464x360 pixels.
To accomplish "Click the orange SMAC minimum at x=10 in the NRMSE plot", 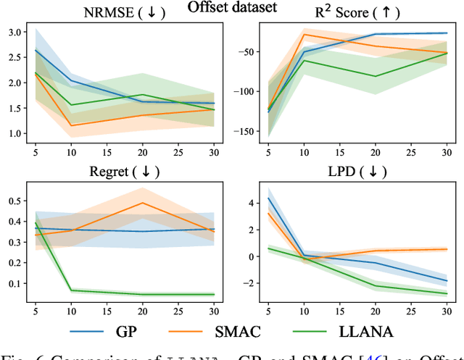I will [x=70, y=125].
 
